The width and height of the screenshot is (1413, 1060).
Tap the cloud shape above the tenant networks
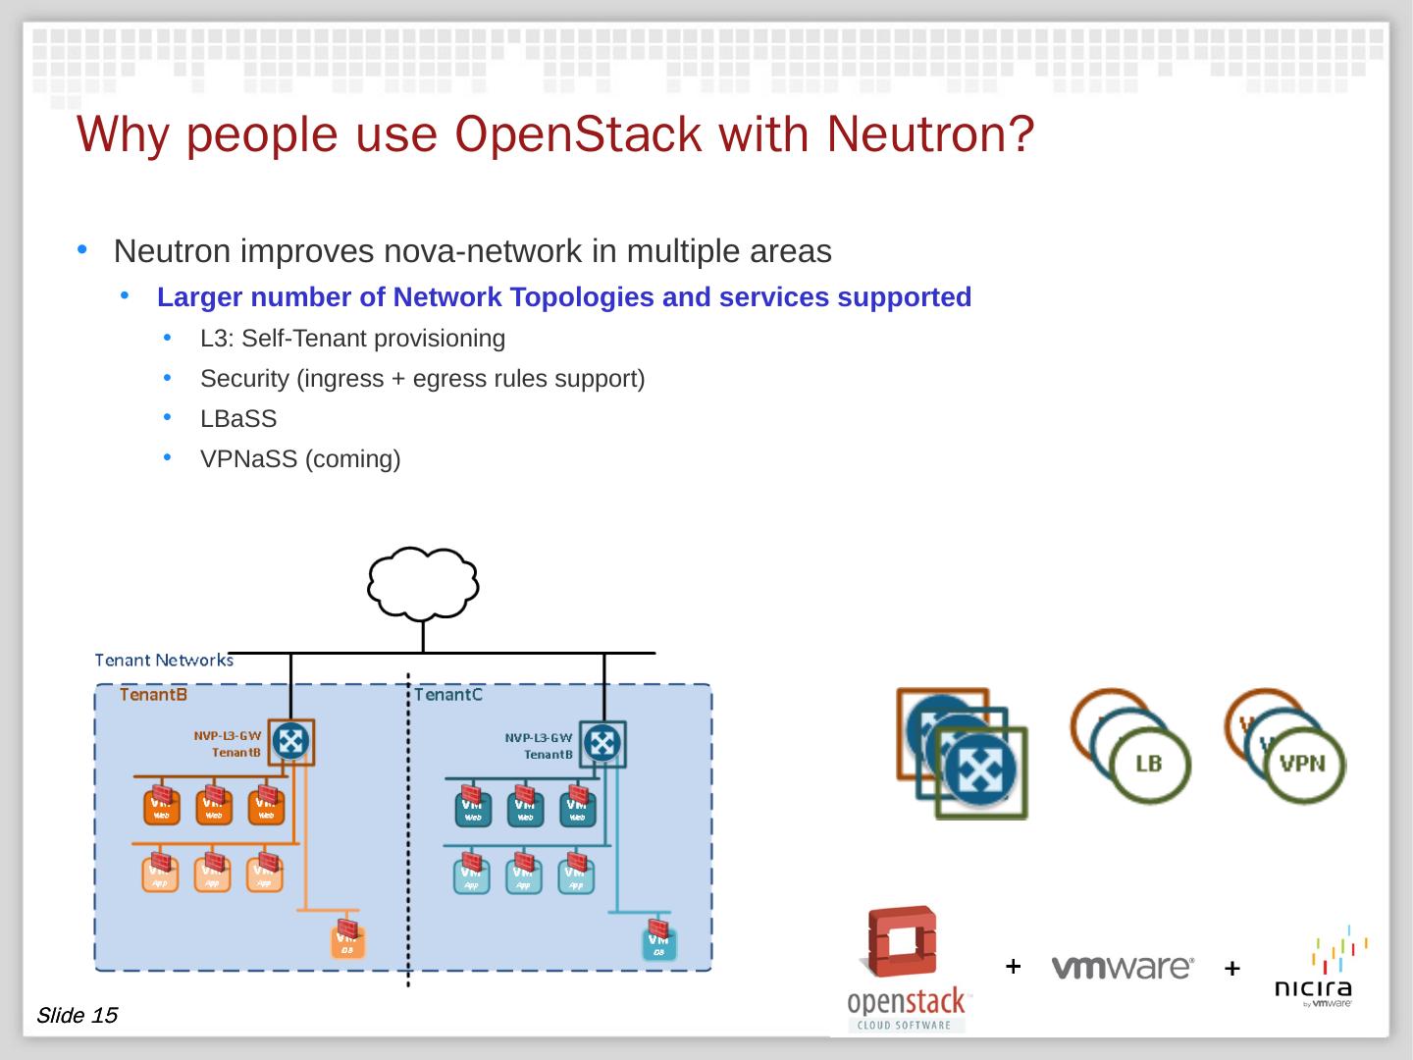(423, 582)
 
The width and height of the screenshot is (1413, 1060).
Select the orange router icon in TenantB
(290, 743)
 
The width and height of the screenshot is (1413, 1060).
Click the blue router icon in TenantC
(602, 743)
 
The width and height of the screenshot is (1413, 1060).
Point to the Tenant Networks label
(164, 660)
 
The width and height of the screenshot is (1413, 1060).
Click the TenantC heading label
(448, 695)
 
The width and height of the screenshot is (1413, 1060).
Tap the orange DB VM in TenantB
(347, 940)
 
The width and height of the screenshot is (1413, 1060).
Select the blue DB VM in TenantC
(659, 942)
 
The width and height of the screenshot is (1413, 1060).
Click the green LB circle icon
(1150, 766)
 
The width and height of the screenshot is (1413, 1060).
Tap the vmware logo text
(1123, 968)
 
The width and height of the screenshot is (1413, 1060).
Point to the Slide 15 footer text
(77, 1015)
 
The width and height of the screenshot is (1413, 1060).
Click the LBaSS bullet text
(238, 419)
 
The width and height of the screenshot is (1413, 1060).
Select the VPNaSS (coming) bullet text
(300, 459)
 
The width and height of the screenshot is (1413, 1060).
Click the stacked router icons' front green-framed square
(981, 773)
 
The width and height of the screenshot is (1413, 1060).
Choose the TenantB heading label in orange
(154, 695)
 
